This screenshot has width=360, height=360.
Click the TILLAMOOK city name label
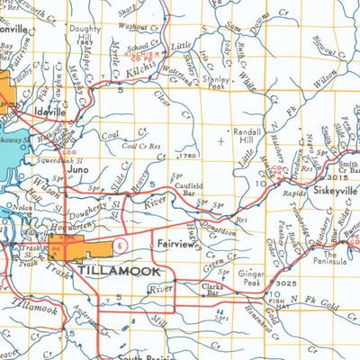[119, 269]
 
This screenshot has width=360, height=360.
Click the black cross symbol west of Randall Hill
[222, 140]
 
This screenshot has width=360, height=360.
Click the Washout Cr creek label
[138, 26]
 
